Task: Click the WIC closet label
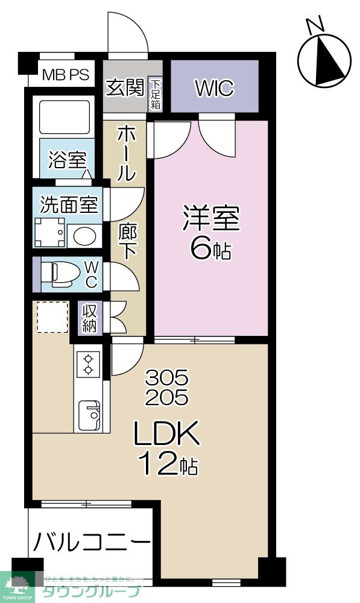214,89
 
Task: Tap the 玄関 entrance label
125,87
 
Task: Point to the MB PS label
66,75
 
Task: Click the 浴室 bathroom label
67,161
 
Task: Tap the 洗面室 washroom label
69,205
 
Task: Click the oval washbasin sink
84,236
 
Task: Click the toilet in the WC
60,274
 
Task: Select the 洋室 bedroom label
211,219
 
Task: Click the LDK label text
165,435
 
